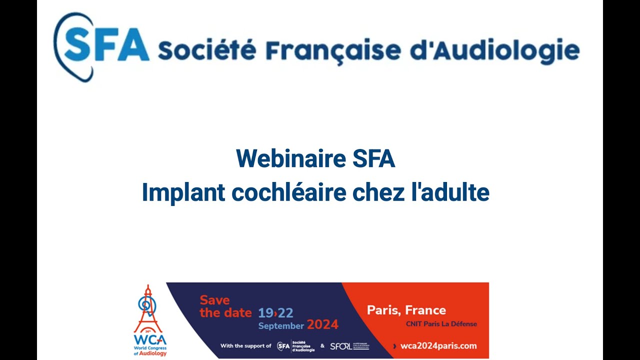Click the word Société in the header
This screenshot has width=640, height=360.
coord(207,50)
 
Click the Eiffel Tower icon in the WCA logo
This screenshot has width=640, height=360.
coord(147,307)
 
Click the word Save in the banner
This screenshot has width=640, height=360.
coord(215,300)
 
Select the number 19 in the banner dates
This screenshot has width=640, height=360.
coord(265,313)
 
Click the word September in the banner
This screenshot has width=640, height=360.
coord(281,326)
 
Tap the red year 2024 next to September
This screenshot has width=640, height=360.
coord(322,325)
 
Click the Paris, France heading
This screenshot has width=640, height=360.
coord(406,310)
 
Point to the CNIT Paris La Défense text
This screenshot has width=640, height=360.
coord(441,324)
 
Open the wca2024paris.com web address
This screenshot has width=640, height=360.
coord(438,346)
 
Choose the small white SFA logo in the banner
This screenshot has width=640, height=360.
coord(283,346)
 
